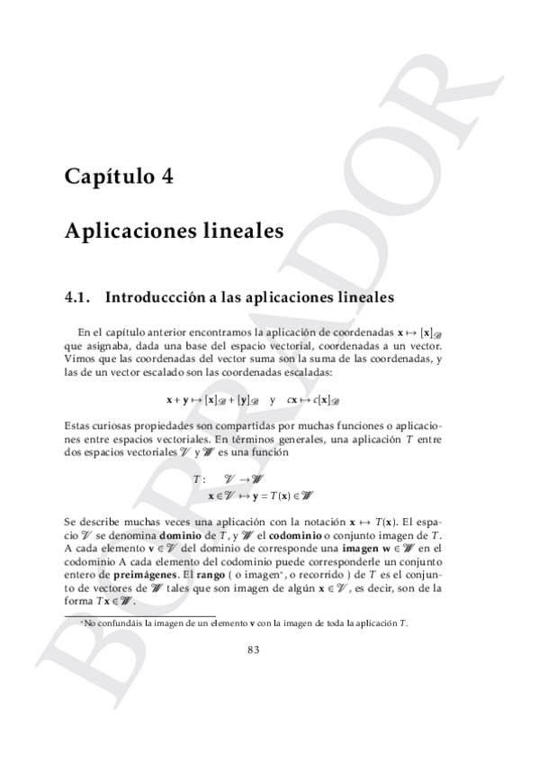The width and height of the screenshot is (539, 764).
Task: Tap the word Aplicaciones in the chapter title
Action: pyautogui.click(x=121, y=231)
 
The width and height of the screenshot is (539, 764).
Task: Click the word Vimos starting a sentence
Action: pyautogui.click(x=78, y=360)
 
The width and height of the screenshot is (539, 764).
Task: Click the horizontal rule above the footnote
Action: pyautogui.click(x=108, y=614)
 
